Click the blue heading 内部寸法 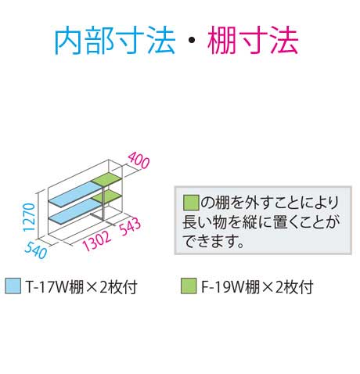point(114,41)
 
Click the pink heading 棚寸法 point(253,41)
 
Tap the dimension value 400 point(139,160)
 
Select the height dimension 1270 point(29,218)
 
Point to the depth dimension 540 point(36,250)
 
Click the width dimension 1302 point(97,241)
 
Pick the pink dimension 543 point(130,225)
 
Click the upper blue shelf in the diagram point(74,193)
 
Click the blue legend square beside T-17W point(13,286)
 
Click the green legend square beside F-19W point(189,286)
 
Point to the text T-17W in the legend point(47,286)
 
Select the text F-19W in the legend point(223,286)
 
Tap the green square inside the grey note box point(191,203)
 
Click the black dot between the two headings point(192,41)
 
